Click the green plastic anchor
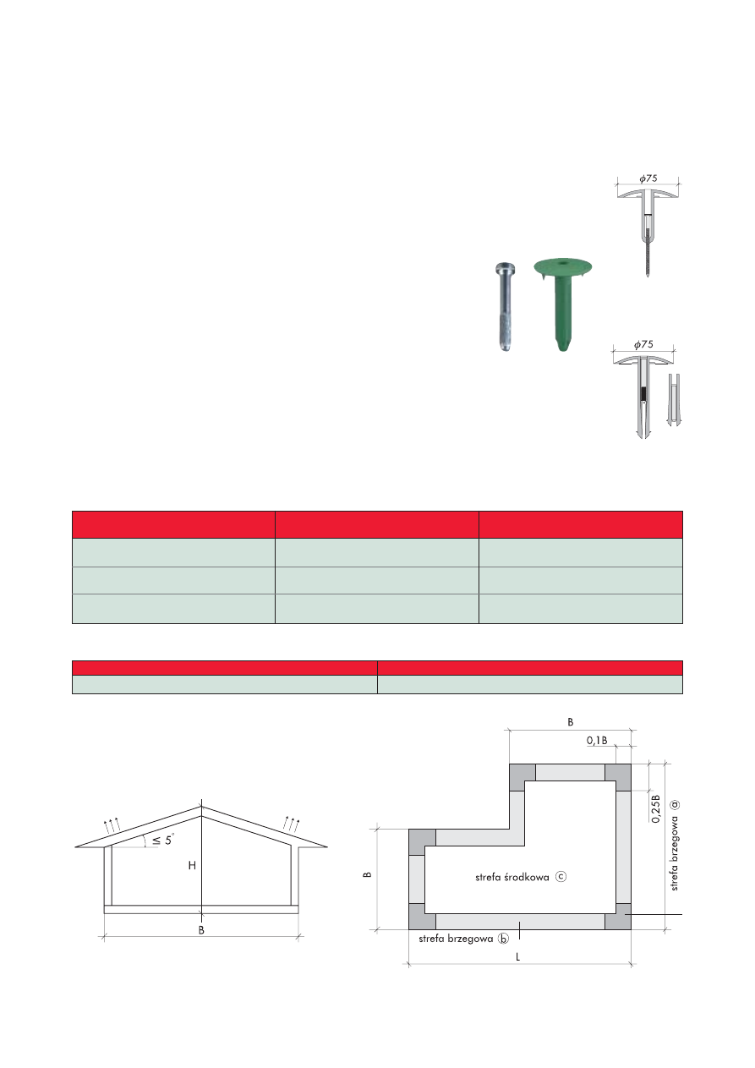coord(562,304)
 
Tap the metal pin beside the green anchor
coord(504,308)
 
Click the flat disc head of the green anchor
coord(562,266)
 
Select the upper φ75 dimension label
coord(648,178)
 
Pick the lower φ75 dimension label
coord(643,344)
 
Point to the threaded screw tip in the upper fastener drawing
coord(648,260)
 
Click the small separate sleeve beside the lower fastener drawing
coord(673,399)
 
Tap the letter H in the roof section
coord(192,865)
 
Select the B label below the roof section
coord(201,930)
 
